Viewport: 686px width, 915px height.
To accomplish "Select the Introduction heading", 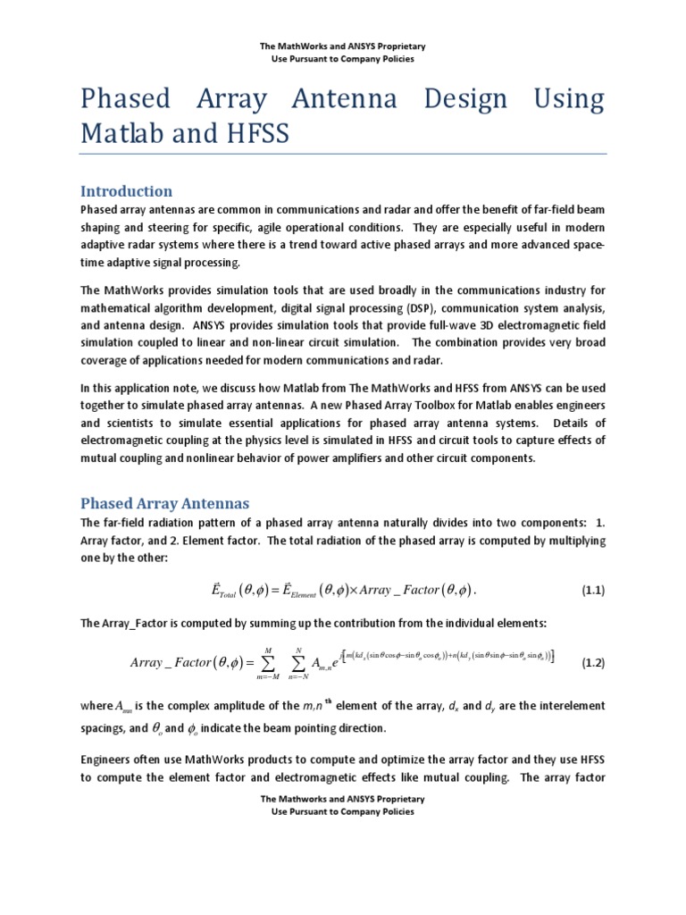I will [x=126, y=191].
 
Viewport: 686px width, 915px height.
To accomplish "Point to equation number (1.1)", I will [x=593, y=591].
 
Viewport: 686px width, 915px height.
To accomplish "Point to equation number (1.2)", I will [x=593, y=663].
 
